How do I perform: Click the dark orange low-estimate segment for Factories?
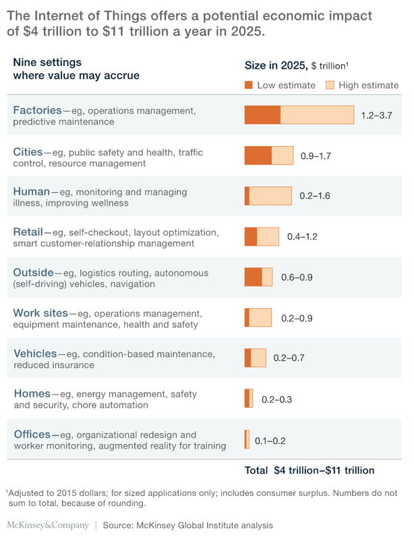[262, 115]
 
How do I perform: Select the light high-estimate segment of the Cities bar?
[283, 156]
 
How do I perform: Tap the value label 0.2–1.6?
[315, 196]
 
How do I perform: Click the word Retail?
[28, 232]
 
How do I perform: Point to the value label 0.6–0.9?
[297, 277]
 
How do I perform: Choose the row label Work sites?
[40, 313]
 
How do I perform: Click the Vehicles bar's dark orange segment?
[247, 358]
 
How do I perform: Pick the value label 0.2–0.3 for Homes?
[276, 399]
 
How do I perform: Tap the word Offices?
[31, 434]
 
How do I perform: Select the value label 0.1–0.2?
[270, 441]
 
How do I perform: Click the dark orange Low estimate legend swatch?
[248, 86]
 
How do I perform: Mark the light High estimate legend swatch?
[330, 86]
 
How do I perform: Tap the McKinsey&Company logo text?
[47, 524]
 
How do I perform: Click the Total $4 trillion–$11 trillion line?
[310, 470]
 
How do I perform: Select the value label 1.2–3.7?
[376, 115]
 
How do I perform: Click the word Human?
[31, 191]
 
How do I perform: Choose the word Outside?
[33, 272]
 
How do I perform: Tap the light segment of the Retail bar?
[268, 236]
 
